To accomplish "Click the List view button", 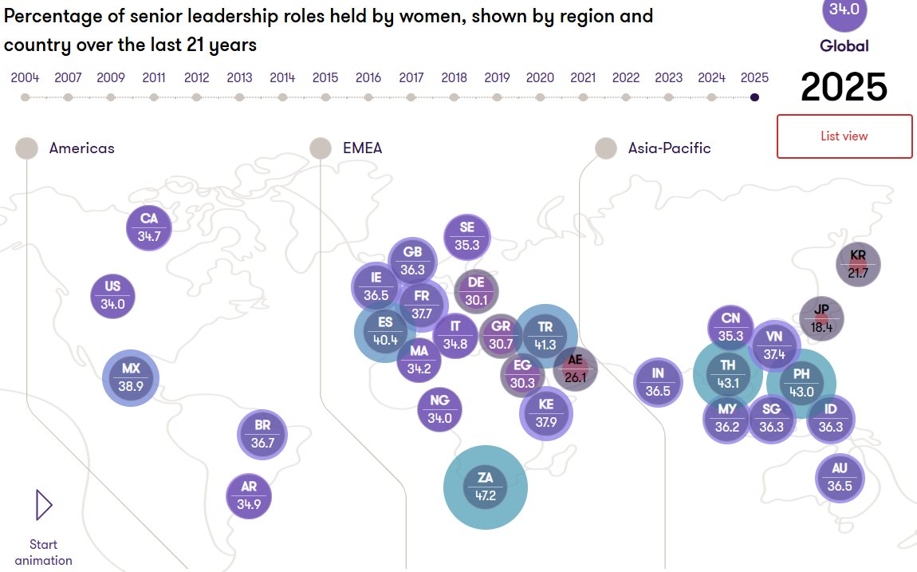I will click(x=844, y=136).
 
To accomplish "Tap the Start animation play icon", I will click(x=44, y=505).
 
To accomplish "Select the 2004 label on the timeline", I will click(x=25, y=77).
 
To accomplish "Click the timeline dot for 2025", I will click(x=754, y=97).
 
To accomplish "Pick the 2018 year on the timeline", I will click(x=454, y=77).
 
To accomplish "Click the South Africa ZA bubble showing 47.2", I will click(x=486, y=487).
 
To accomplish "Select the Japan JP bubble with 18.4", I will click(x=822, y=318).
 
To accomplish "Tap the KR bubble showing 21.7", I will click(x=858, y=264).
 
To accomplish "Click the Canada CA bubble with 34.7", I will click(x=149, y=227).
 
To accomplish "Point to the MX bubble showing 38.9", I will click(x=131, y=377).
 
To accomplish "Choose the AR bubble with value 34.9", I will click(x=249, y=496).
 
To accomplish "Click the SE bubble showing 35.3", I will click(x=467, y=237).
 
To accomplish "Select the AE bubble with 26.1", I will click(x=575, y=369).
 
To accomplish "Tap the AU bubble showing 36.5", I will click(x=840, y=477).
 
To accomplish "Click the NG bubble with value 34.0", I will click(x=439, y=408).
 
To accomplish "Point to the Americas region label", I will click(x=81, y=148).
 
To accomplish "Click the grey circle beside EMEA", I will click(x=321, y=148).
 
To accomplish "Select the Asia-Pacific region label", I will click(x=669, y=148).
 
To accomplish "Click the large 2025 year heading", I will click(x=844, y=87).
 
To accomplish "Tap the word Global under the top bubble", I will click(x=844, y=46).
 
